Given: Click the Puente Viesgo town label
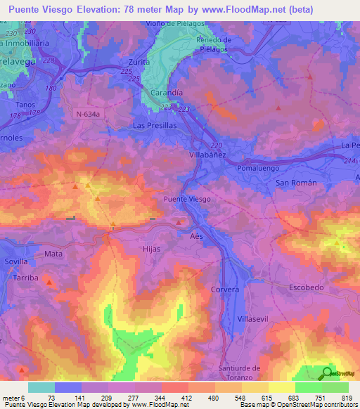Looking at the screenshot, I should coord(187,200).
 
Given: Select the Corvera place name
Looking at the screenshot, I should coord(225,290).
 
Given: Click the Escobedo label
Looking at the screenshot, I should coord(307,287).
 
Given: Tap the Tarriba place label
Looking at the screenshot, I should coord(26,278).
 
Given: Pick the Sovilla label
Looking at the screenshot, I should coord(16,261).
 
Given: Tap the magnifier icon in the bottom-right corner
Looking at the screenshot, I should coord(327,372).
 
